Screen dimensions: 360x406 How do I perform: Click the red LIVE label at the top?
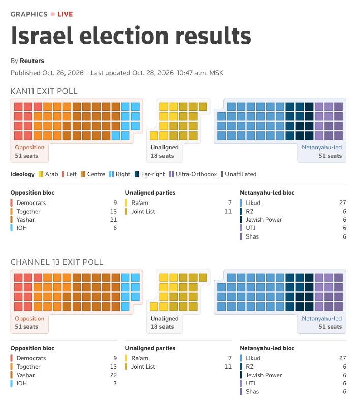click(x=65, y=14)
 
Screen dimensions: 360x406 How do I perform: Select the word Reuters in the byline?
click(x=32, y=61)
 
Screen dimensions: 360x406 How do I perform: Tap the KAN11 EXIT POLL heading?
click(x=44, y=91)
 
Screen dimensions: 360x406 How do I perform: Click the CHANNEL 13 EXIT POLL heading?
click(x=57, y=262)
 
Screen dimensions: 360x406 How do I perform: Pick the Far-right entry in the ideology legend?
click(x=150, y=174)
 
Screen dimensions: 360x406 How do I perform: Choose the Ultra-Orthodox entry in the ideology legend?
click(x=193, y=174)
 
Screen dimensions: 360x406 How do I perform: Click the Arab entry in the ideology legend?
click(x=48, y=174)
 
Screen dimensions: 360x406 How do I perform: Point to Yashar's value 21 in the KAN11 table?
click(x=113, y=220)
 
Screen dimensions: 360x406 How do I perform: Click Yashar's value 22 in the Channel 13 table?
click(x=113, y=375)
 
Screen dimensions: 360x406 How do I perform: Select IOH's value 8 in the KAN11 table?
click(x=115, y=228)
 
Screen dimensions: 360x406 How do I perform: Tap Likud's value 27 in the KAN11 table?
click(x=343, y=202)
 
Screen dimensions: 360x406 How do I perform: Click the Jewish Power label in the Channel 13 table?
click(x=264, y=375)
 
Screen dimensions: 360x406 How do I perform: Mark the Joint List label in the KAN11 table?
click(x=143, y=211)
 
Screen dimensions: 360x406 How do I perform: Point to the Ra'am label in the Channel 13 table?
click(x=140, y=358)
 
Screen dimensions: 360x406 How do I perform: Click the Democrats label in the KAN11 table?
click(x=31, y=202)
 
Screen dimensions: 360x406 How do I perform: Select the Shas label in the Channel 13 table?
click(x=252, y=391)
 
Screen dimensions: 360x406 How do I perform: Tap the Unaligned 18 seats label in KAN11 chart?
click(x=165, y=151)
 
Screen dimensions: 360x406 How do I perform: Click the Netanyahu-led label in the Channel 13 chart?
click(x=322, y=319)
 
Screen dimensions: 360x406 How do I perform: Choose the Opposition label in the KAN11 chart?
click(x=29, y=147)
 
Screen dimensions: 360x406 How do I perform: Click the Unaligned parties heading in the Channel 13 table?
click(x=150, y=348)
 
